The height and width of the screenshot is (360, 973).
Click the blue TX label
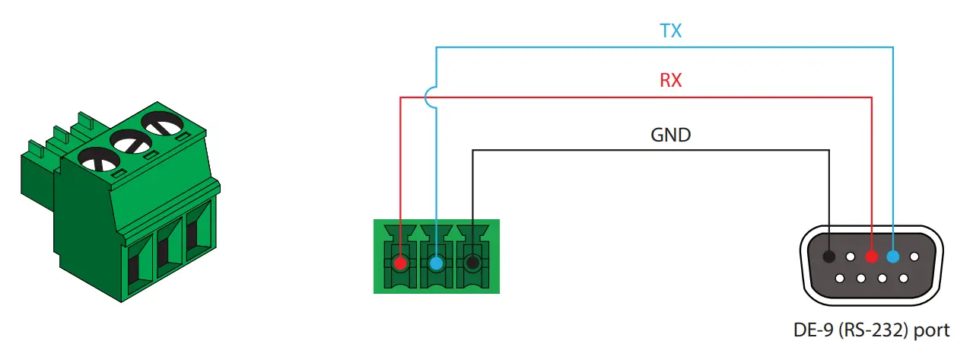point(670,31)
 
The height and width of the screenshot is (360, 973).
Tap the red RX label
point(670,80)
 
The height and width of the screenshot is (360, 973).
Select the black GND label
point(670,135)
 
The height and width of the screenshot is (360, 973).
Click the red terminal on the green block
point(400,263)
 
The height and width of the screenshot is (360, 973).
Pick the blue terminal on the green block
point(436,263)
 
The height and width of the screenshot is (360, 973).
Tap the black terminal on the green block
point(472,263)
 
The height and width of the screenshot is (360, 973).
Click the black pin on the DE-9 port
point(830,257)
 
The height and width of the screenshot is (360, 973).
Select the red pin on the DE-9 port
point(872,257)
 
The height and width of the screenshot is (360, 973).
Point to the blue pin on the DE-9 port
point(892,257)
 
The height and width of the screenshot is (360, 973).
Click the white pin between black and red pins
point(851,257)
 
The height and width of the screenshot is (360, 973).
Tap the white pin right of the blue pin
point(914,257)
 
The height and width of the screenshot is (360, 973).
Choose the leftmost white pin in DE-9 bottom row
point(840,278)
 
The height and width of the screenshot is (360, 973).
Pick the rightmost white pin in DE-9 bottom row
point(903,278)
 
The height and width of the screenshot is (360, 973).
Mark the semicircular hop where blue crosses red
point(431,97)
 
